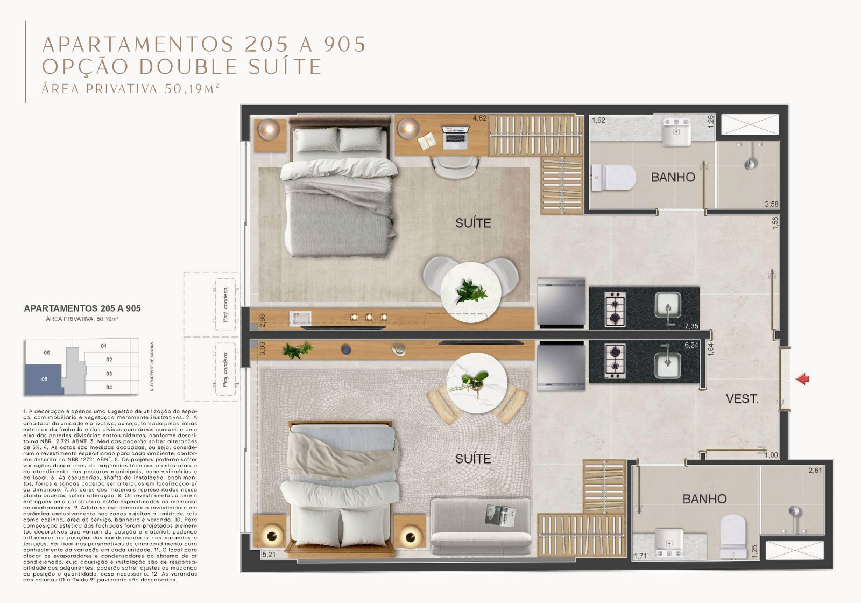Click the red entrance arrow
[x=803, y=379]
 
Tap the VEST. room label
[x=742, y=399]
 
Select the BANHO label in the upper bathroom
[x=673, y=177]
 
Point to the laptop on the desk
[x=455, y=137]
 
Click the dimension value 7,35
[x=691, y=326]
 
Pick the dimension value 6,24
[x=691, y=345]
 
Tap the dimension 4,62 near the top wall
[x=479, y=118]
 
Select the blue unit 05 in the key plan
[x=44, y=379]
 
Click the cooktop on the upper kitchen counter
[x=615, y=309]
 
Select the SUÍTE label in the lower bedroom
[x=473, y=459]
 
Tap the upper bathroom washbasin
[x=676, y=132]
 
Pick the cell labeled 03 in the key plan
[x=109, y=374]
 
